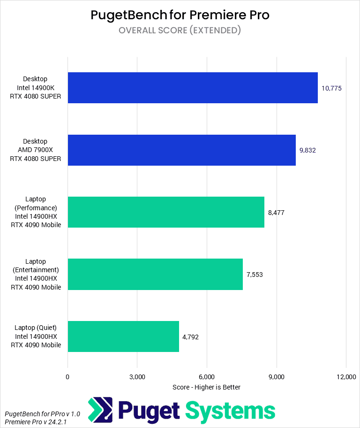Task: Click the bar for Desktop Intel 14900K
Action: click(x=193, y=88)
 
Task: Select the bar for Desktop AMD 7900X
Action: click(x=181, y=150)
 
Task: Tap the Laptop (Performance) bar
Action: click(x=166, y=212)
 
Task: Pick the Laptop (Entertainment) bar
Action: click(x=155, y=274)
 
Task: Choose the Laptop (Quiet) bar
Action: click(x=123, y=336)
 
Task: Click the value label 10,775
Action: click(x=331, y=88)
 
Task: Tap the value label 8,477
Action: click(x=276, y=213)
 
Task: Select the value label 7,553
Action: click(x=255, y=275)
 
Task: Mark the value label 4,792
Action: click(x=190, y=336)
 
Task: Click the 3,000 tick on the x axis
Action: click(x=137, y=377)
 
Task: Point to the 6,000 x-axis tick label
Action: click(x=206, y=377)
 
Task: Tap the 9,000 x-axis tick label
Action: click(x=276, y=377)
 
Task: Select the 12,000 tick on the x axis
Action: click(x=345, y=377)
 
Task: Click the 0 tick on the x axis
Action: click(x=67, y=377)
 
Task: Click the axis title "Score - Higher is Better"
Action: click(x=206, y=387)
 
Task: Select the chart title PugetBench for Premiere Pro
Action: click(x=180, y=15)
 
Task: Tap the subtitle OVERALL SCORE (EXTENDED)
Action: click(x=180, y=31)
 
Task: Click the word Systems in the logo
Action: click(x=230, y=411)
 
